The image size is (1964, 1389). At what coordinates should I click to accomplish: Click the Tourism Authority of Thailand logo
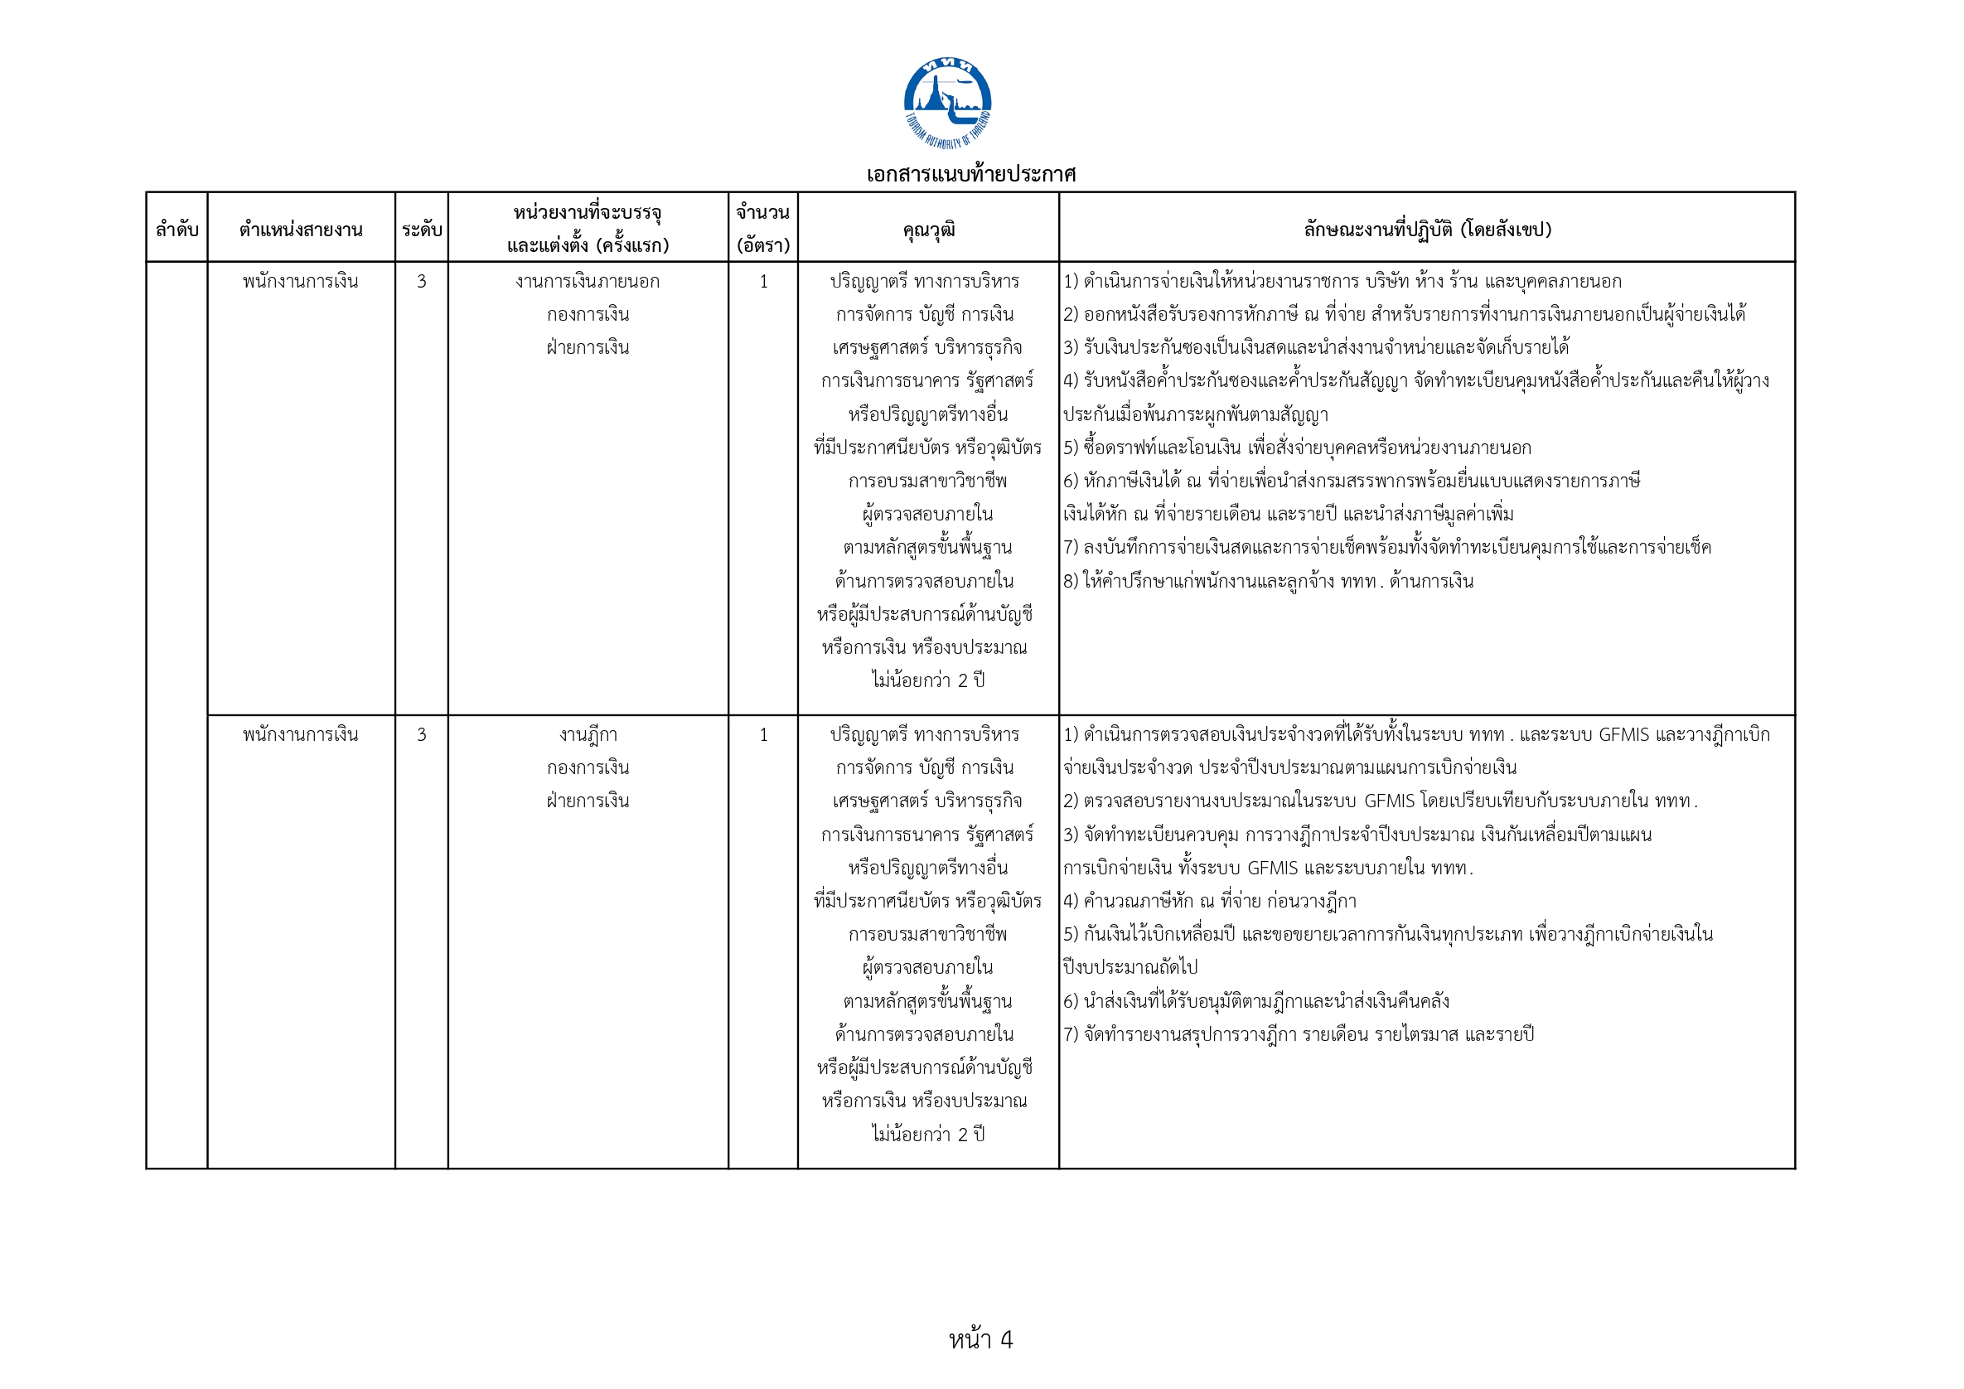[x=947, y=102]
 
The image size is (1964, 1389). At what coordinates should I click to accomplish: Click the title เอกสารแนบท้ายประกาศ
[x=970, y=175]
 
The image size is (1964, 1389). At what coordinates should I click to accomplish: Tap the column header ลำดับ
[x=177, y=230]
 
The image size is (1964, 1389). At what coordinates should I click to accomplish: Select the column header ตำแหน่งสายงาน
[x=300, y=230]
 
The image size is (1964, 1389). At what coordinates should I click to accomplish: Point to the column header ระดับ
[x=421, y=230]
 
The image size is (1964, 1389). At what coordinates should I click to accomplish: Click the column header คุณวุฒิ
[x=928, y=230]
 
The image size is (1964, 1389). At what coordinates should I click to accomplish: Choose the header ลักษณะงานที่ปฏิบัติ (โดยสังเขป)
[x=1427, y=230]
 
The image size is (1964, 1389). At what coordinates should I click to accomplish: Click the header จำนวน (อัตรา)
[x=762, y=229]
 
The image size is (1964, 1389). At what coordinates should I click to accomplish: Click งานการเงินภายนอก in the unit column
[x=588, y=282]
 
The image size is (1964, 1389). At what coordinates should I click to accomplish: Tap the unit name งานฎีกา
[x=588, y=735]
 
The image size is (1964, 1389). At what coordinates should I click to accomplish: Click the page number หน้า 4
[x=980, y=1338]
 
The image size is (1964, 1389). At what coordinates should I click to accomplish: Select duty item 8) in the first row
[x=1268, y=582]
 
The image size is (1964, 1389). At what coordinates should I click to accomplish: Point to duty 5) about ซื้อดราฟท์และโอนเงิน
[x=1297, y=448]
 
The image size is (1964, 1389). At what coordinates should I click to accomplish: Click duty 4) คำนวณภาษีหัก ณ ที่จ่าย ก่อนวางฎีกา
[x=1210, y=901]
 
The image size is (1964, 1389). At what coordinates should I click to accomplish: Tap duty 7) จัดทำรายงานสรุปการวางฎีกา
[x=1299, y=1034]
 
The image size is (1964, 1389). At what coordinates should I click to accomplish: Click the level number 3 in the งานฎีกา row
[x=421, y=735]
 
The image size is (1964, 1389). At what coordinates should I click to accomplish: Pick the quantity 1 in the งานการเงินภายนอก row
[x=763, y=282]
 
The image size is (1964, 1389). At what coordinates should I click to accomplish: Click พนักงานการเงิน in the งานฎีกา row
[x=300, y=735]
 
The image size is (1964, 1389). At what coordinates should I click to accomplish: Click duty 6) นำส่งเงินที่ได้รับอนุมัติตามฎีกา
[x=1255, y=1000]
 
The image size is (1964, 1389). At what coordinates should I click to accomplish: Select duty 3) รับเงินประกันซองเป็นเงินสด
[x=1316, y=347]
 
